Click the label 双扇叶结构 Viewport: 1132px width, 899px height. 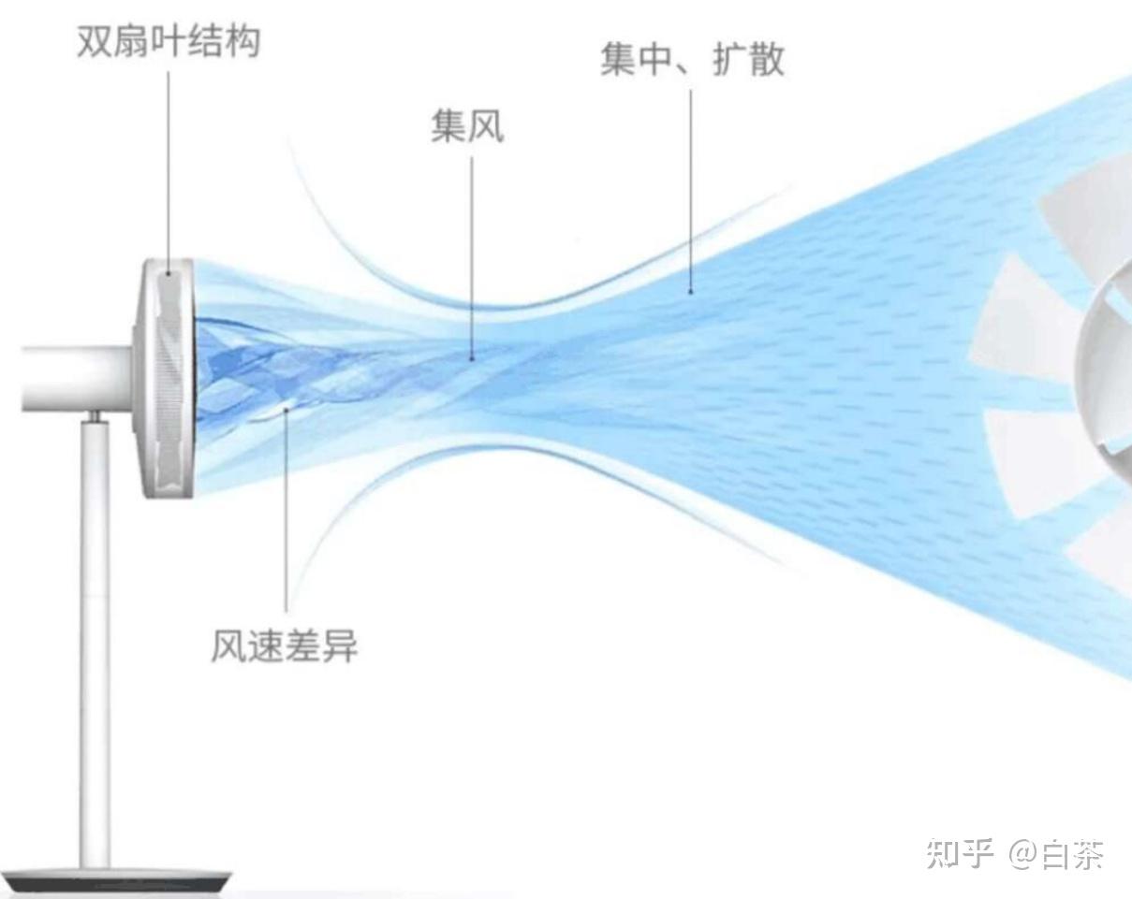click(x=169, y=42)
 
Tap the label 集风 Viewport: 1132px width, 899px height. click(x=467, y=126)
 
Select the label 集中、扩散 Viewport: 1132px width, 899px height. click(x=692, y=59)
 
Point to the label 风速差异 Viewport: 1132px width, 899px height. click(x=284, y=646)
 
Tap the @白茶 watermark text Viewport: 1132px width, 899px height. click(x=1056, y=853)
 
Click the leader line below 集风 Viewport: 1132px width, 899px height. click(x=472, y=253)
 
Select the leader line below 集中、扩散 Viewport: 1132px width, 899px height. click(x=692, y=187)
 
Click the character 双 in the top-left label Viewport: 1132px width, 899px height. click(x=95, y=42)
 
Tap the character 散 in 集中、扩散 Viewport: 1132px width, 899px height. click(x=765, y=59)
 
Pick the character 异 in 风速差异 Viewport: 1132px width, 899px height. click(x=339, y=646)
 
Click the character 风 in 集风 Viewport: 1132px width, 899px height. click(x=486, y=126)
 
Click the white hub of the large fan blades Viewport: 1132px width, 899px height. click(x=1110, y=374)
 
